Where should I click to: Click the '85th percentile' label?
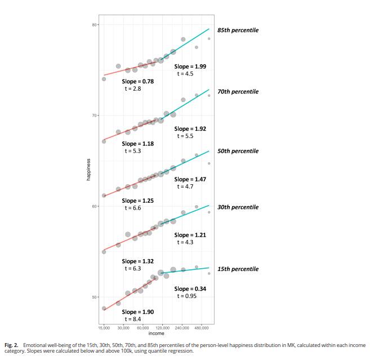point(238,30)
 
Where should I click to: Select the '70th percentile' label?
point(238,91)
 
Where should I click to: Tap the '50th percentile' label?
point(238,151)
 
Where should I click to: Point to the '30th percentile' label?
point(238,207)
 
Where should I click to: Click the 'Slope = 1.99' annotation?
point(190,66)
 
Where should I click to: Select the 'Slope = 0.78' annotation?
point(137,81)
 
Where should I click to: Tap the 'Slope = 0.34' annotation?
point(190,289)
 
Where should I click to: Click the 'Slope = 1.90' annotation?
point(137,312)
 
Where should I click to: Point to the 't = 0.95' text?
point(187,296)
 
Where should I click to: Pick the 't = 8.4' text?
point(133,319)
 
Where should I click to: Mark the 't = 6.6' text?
point(133,208)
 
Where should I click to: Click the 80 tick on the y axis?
point(95,25)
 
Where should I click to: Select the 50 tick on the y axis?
point(95,297)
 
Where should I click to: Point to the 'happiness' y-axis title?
point(88,170)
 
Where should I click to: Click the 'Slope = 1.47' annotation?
point(190,179)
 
